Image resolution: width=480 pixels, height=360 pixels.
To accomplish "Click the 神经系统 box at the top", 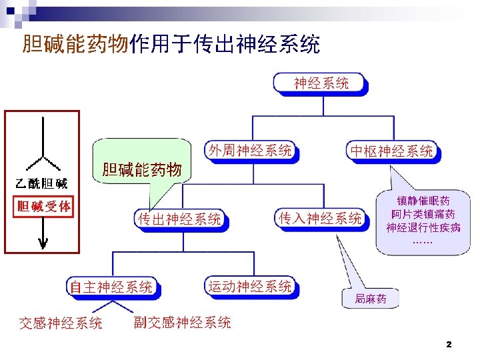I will pyautogui.click(x=321, y=83).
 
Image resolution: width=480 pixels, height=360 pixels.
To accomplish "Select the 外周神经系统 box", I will pyautogui.click(x=250, y=151).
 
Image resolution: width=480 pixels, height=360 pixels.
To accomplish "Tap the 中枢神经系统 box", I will pyautogui.click(x=392, y=151).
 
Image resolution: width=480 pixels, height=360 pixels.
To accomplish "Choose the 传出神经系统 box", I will pyautogui.click(x=179, y=219).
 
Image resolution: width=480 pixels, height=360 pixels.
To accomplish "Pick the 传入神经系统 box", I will pyautogui.click(x=321, y=218).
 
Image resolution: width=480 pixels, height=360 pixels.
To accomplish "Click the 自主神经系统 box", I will pyautogui.click(x=112, y=287).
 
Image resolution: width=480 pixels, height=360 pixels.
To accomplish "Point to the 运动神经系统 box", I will pyautogui.click(x=250, y=287).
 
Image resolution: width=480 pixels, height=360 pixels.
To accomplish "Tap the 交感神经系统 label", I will pyautogui.click(x=61, y=323).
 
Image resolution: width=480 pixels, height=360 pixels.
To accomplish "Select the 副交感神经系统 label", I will pyautogui.click(x=182, y=323).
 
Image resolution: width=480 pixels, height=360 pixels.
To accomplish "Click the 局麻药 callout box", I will pyautogui.click(x=370, y=299).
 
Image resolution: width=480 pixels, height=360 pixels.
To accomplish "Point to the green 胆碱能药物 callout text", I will pyautogui.click(x=141, y=170).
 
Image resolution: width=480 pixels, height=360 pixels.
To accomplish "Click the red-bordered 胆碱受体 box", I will pyautogui.click(x=43, y=206).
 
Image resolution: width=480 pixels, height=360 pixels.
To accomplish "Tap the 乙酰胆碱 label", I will pyautogui.click(x=41, y=183).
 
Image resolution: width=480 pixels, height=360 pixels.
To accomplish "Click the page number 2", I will pyautogui.click(x=449, y=345).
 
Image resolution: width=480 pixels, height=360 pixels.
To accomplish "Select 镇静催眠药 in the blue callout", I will pyautogui.click(x=423, y=200).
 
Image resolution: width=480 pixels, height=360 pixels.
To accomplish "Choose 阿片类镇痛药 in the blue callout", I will pyautogui.click(x=423, y=214).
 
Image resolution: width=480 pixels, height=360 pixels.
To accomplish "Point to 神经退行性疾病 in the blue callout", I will pyautogui.click(x=423, y=227).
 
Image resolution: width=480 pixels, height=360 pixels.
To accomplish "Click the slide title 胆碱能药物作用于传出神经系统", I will pyautogui.click(x=171, y=45).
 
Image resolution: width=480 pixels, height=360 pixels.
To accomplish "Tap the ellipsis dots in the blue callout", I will pyautogui.click(x=422, y=240).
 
